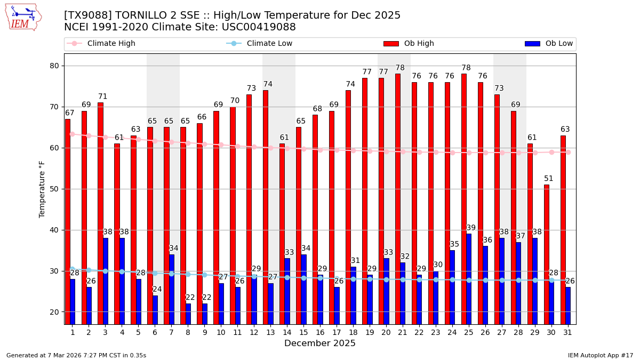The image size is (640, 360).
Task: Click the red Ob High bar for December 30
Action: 547,254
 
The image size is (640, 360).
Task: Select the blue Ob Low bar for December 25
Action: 469,279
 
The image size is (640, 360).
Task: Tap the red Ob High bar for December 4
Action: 117,234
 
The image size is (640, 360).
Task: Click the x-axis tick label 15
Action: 303,332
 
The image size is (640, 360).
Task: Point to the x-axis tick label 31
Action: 568,332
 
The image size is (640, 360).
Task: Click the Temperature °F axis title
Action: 43,189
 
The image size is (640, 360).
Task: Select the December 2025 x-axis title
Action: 319,343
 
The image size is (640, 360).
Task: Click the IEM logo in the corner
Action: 22,17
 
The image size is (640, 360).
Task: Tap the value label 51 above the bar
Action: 549,179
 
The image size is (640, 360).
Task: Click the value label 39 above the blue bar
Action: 471,228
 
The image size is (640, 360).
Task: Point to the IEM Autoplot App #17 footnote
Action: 600,355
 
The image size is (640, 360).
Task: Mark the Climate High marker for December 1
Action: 72,134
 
